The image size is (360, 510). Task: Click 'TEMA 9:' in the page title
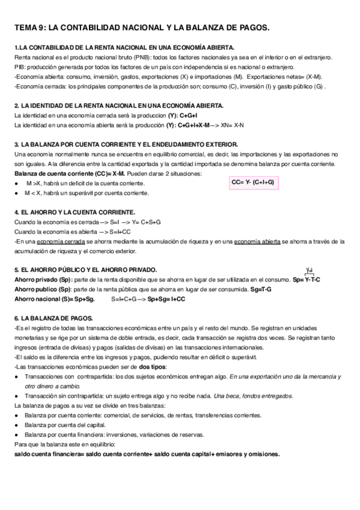[x=29, y=28]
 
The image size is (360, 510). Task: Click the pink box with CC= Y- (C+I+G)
[x=252, y=182]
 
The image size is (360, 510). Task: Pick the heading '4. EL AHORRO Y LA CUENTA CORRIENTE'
[x=75, y=212]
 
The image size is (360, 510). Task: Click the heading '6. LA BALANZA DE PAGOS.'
[x=52, y=318]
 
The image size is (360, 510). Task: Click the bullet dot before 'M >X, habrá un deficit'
[x=16, y=183]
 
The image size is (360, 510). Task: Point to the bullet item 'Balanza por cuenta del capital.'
[x=66, y=425]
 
